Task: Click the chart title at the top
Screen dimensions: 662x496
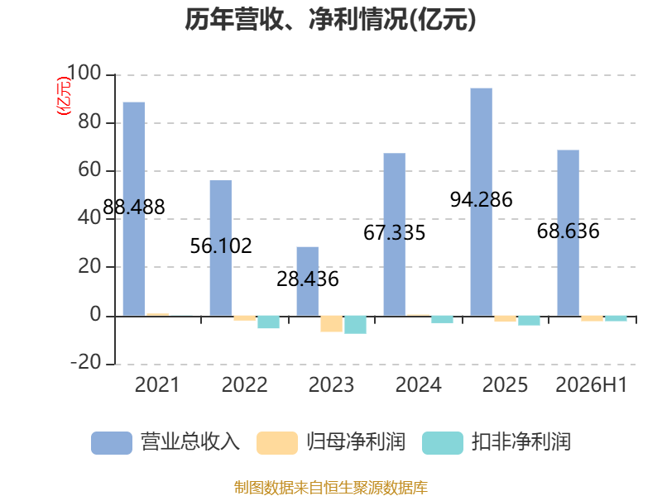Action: click(330, 19)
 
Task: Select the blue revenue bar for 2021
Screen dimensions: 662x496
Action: click(134, 209)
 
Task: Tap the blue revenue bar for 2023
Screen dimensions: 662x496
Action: click(308, 281)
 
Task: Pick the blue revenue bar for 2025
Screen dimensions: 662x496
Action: click(482, 202)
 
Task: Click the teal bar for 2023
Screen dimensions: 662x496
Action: click(356, 325)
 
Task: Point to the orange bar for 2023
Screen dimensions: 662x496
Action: click(332, 324)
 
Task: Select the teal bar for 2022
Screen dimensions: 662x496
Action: click(268, 322)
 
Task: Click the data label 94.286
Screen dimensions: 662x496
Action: click(482, 199)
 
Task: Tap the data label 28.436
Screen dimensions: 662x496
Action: click(308, 279)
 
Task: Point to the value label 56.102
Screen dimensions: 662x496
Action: click(221, 246)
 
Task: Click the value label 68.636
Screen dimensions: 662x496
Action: click(568, 231)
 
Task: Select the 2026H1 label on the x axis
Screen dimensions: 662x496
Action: click(591, 384)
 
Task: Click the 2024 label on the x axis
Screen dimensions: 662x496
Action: click(419, 384)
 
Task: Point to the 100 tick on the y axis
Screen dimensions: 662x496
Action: click(84, 73)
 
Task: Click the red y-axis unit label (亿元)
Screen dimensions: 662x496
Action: click(64, 96)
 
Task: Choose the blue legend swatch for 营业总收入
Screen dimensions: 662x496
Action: click(112, 443)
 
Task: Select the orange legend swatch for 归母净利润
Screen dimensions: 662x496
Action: click(277, 443)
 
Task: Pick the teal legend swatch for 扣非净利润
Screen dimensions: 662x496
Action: click(443, 443)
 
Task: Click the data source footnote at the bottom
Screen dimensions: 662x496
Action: click(331, 488)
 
